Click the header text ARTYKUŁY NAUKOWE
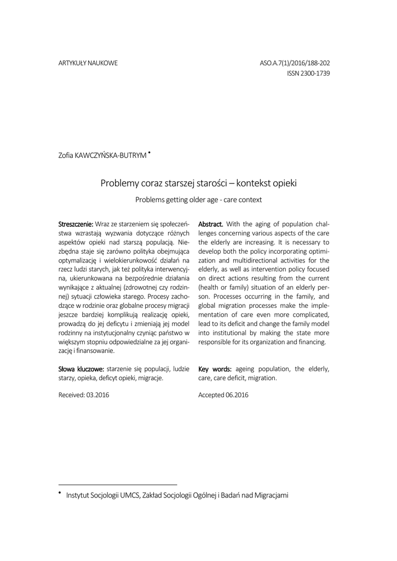click(88, 64)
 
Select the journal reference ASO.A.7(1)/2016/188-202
click(295, 64)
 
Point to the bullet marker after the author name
click(149, 153)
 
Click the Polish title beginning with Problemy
click(198, 183)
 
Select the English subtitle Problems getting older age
click(198, 200)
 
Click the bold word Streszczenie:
click(76, 224)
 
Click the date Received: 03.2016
click(84, 395)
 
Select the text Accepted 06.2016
click(223, 395)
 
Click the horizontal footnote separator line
click(117, 484)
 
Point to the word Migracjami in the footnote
click(269, 496)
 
